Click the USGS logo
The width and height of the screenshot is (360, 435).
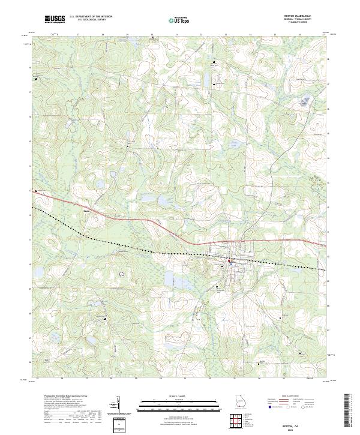pyautogui.click(x=55, y=20)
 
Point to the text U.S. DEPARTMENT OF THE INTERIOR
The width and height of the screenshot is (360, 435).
pyautogui.click(x=91, y=17)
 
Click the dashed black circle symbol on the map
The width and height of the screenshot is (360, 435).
pyautogui.click(x=122, y=274)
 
